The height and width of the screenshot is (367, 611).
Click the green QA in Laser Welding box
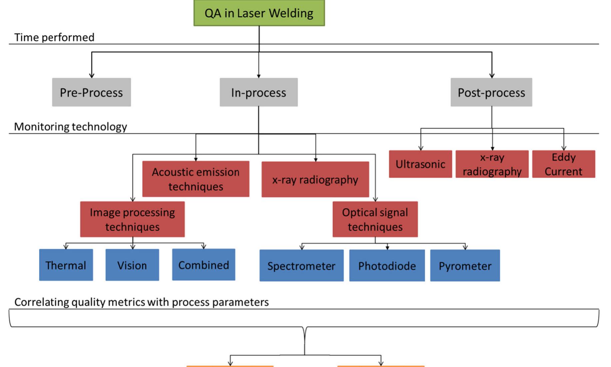[x=259, y=13]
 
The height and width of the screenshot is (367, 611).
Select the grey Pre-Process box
[x=91, y=92]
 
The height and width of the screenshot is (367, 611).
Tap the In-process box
[x=258, y=92]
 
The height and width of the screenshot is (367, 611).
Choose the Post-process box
[x=491, y=92]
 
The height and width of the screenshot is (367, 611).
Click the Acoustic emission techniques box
[x=195, y=179]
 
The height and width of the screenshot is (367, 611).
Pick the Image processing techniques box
[x=132, y=219]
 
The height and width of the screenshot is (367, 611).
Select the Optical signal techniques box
[x=375, y=219]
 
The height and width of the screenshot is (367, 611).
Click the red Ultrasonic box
[x=420, y=164]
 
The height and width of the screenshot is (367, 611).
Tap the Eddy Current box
[x=563, y=164]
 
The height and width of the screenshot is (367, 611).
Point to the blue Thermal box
[x=66, y=265]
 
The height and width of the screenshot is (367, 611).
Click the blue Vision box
[x=132, y=265]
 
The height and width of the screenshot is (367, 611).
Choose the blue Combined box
[x=203, y=265]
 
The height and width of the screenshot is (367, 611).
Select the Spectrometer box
[x=301, y=266]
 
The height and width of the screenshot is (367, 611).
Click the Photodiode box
[x=387, y=266]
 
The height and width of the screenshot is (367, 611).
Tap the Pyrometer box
[x=465, y=266]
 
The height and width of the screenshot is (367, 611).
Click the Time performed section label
[x=54, y=37]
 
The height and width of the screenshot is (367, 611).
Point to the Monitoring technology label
[x=70, y=127]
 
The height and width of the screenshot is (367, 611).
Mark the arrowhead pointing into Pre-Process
[x=92, y=76]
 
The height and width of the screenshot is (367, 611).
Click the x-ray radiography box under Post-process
[x=492, y=164]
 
